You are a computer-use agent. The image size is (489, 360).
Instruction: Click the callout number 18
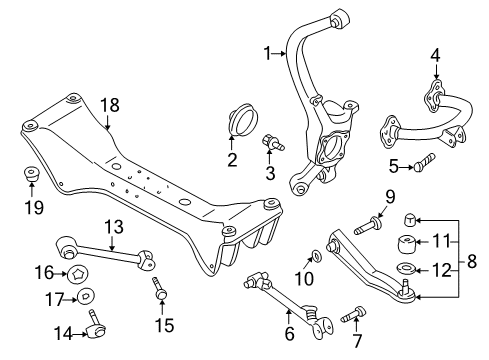pyautogui.click(x=109, y=104)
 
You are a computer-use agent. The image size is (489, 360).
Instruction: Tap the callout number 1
pyautogui.click(x=267, y=52)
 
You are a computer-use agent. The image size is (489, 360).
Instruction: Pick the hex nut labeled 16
pyautogui.click(x=75, y=272)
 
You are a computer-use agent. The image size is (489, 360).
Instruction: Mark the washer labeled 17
pyautogui.click(x=86, y=296)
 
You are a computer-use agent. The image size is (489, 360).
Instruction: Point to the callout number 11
pyautogui.click(x=446, y=240)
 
